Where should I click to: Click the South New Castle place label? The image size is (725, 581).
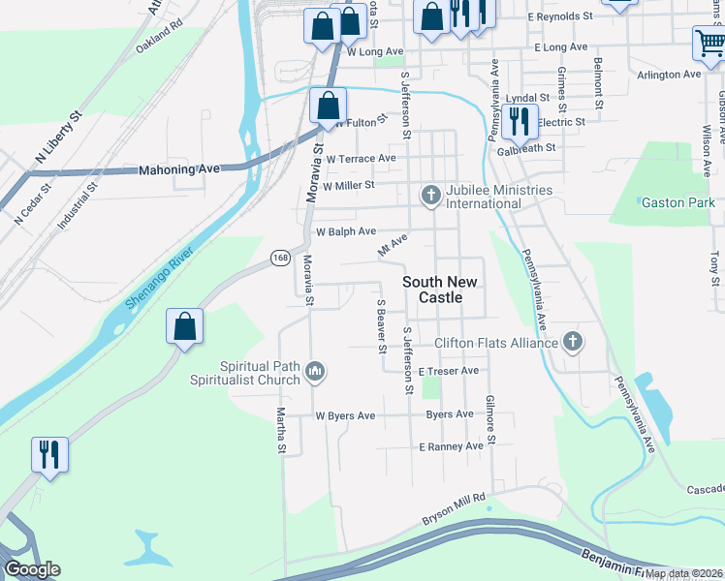tap(439, 290)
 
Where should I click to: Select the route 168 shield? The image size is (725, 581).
tap(280, 258)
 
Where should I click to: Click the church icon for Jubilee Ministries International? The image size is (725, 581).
tap(430, 196)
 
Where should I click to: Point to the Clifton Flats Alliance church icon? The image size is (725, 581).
tap(573, 342)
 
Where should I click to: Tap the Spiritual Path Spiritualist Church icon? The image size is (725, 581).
tap(315, 372)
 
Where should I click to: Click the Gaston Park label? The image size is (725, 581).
tap(678, 202)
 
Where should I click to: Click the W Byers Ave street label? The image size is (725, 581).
tap(345, 415)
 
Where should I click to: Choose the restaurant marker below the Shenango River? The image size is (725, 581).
tap(47, 453)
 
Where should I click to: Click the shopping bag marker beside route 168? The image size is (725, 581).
tap(184, 326)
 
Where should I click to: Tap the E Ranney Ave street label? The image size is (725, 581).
tap(451, 446)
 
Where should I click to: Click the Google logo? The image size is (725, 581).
tap(32, 569)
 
